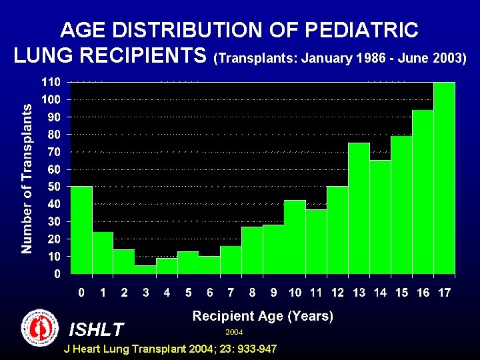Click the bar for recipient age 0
tap(81, 229)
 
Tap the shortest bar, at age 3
tap(145, 269)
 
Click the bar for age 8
tap(252, 250)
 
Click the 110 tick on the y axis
tap(53, 82)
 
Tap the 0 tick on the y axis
tap(58, 273)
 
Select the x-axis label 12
tap(337, 292)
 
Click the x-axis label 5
tap(189, 292)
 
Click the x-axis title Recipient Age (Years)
tap(263, 316)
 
